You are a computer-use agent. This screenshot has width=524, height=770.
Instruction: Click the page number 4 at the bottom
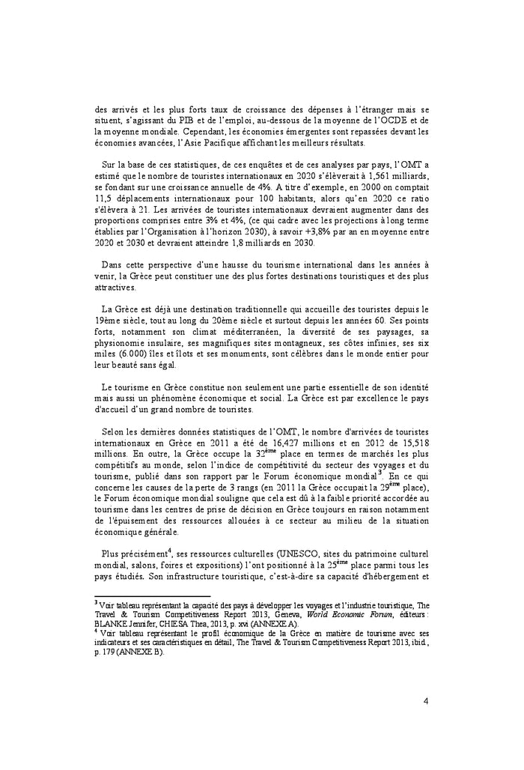[x=425, y=702]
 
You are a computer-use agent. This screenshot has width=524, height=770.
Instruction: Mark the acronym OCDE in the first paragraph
[x=386, y=119]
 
